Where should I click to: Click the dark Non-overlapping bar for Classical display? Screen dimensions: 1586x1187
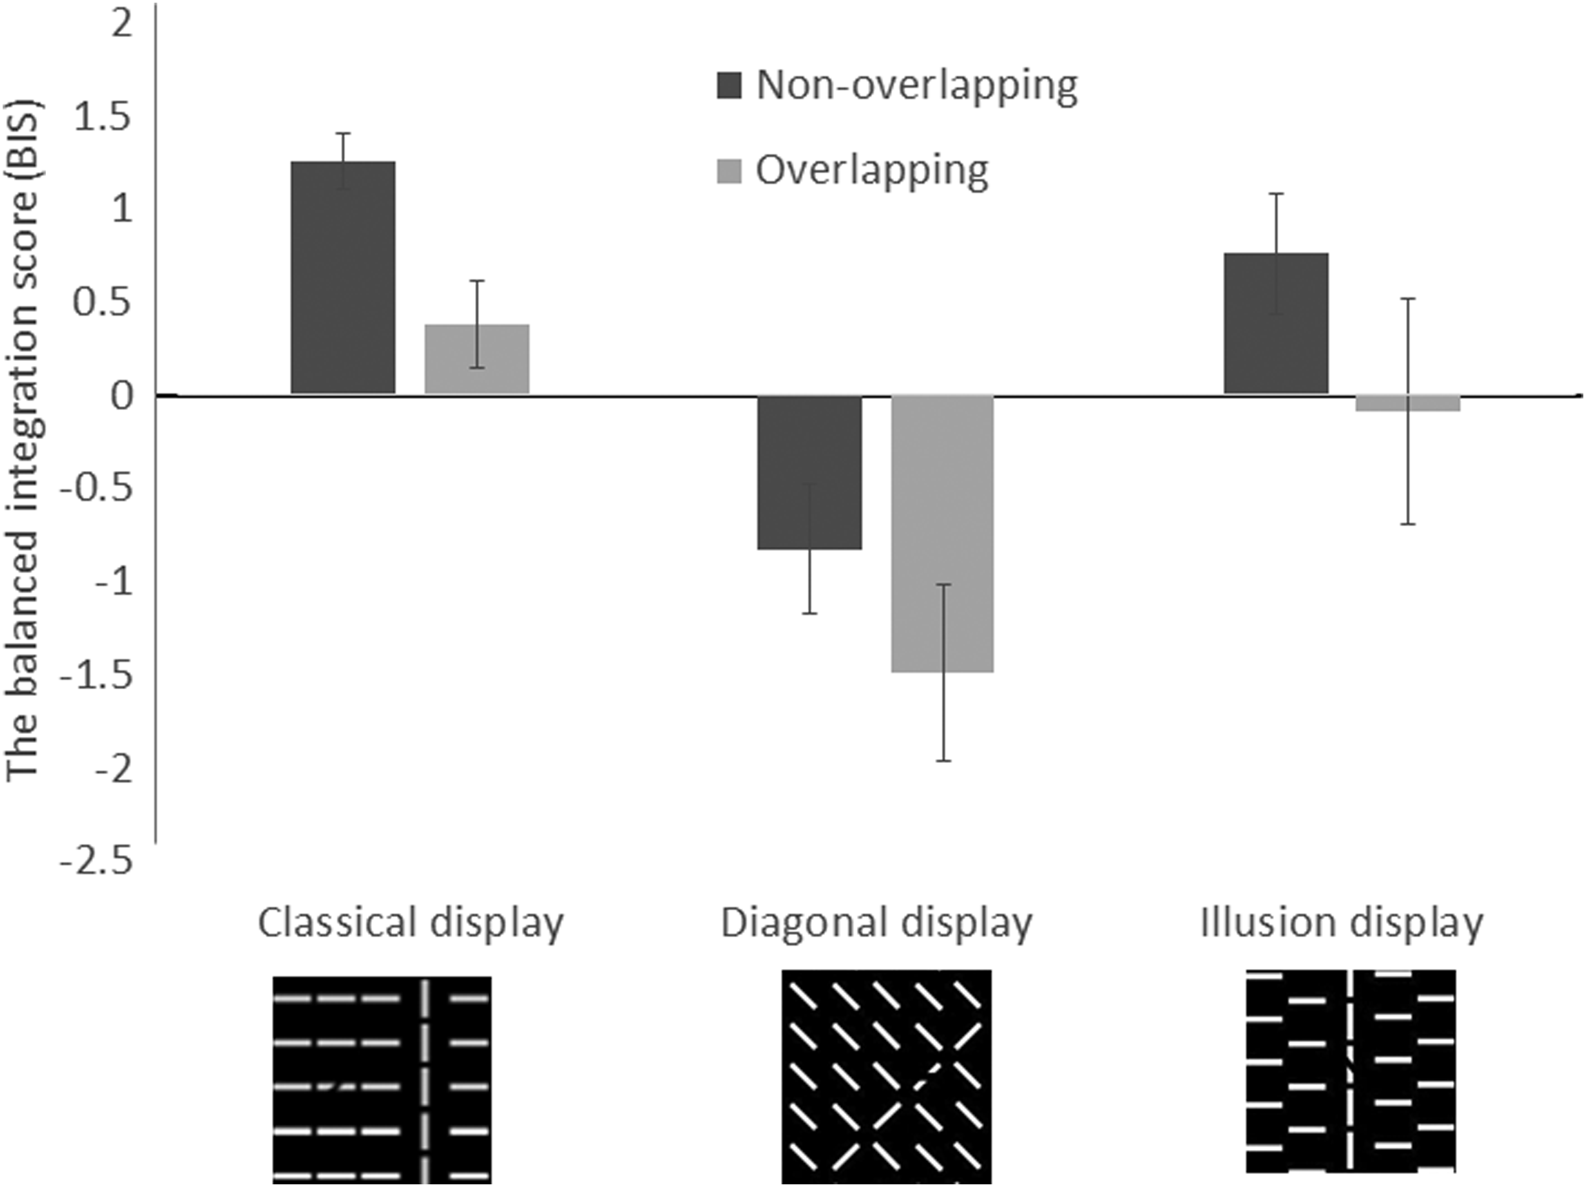point(343,278)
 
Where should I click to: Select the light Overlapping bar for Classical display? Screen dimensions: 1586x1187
point(477,358)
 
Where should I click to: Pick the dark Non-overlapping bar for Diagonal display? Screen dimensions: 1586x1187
point(809,472)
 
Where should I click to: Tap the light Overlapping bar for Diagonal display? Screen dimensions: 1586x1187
point(943,534)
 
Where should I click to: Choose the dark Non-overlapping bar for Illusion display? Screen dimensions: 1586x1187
point(1276,323)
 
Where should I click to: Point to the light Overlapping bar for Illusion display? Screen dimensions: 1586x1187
point(1407,403)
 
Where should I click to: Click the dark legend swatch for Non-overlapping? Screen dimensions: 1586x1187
point(729,84)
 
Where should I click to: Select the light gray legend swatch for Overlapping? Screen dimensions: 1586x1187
point(729,171)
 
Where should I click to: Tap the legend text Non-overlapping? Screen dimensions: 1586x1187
point(917,86)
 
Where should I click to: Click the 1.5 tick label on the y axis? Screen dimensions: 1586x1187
point(103,116)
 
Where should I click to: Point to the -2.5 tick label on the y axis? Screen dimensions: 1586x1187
point(97,860)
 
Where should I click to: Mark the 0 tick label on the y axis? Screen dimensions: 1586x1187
point(123,395)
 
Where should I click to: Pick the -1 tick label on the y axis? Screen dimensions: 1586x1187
point(114,582)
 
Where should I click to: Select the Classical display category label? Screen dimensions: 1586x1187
point(411,923)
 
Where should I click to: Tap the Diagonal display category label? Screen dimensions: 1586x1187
point(876,923)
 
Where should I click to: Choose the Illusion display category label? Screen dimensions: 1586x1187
point(1341,922)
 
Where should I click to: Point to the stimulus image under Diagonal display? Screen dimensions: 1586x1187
point(887,1077)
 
